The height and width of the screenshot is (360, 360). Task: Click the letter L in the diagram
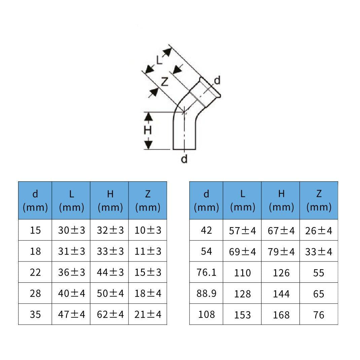tap(159, 60)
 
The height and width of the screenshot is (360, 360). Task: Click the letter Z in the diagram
tap(165, 82)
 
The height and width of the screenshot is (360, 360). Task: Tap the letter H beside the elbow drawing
tap(148, 131)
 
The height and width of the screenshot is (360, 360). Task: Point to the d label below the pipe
tap(184, 159)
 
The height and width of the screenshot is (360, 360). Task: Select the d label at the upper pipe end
tap(217, 80)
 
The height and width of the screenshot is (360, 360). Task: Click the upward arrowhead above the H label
tap(149, 117)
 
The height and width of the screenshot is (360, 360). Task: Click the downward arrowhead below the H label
tap(149, 145)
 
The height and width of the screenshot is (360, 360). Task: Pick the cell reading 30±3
tap(71, 230)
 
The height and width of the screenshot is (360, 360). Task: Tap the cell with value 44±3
tap(110, 272)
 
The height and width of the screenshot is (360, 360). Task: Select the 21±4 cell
tap(148, 314)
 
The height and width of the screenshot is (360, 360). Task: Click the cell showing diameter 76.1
tap(206, 272)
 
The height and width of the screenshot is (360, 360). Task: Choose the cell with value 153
tap(242, 315)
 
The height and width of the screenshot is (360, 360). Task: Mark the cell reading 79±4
tap(281, 251)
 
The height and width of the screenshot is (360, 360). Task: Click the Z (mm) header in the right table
tap(319, 201)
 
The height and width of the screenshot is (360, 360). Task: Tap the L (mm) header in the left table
tap(71, 201)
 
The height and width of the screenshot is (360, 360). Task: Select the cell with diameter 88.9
tap(206, 293)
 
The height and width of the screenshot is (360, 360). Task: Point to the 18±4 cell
tap(148, 293)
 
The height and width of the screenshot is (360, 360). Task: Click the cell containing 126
tap(281, 273)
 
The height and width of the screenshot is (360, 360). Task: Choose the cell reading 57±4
tap(242, 230)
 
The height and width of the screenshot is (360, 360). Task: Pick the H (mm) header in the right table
tap(281, 201)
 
